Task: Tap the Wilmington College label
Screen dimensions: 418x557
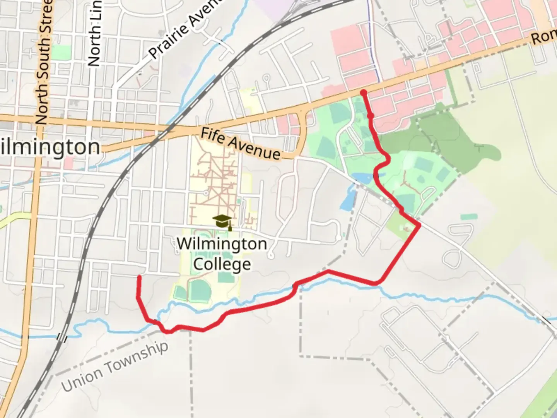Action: pyautogui.click(x=222, y=254)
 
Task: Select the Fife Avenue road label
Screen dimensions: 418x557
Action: pyautogui.click(x=241, y=144)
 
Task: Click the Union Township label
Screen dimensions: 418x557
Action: pyautogui.click(x=115, y=366)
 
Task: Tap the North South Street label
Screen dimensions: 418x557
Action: pyautogui.click(x=44, y=62)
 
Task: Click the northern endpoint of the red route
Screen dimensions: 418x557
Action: pyautogui.click(x=364, y=93)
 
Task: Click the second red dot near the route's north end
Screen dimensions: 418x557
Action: pyautogui.click(x=371, y=116)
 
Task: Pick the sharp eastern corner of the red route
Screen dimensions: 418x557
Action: pyautogui.click(x=419, y=225)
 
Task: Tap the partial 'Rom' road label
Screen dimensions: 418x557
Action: pyautogui.click(x=543, y=38)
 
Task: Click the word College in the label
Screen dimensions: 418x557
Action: pyautogui.click(x=222, y=264)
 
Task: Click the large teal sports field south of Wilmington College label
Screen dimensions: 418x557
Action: pyautogui.click(x=200, y=290)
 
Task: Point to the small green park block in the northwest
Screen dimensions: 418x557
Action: pyautogui.click(x=61, y=52)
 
